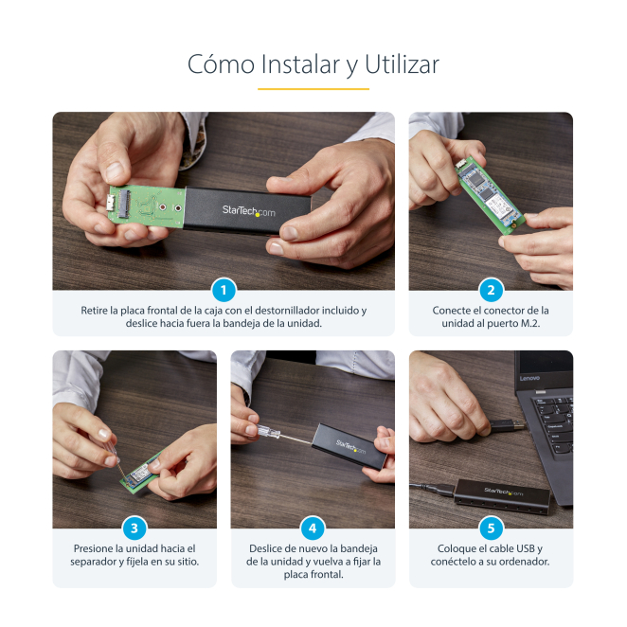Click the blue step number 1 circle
[224, 290]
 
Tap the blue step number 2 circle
[491, 290]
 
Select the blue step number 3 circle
[134, 528]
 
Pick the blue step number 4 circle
[313, 528]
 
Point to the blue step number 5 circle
[491, 528]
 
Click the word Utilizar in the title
[402, 64]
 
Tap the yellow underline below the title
[313, 89]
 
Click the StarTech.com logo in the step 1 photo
[249, 210]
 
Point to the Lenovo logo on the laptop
[529, 378]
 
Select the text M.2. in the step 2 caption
[530, 323]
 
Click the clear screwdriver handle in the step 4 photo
[268, 432]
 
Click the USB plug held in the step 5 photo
[507, 426]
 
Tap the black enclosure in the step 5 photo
[502, 496]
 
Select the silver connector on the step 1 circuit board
[112, 204]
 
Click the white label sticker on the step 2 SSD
[499, 206]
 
